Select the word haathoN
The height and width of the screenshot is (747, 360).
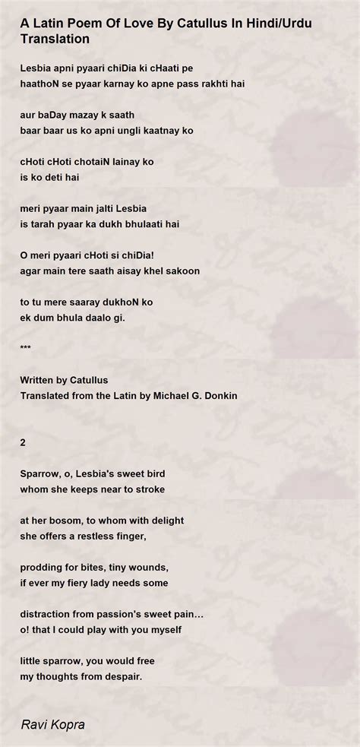[x=41, y=82]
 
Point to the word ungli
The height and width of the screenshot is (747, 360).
[x=137, y=130]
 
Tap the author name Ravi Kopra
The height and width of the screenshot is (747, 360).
[x=52, y=725]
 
